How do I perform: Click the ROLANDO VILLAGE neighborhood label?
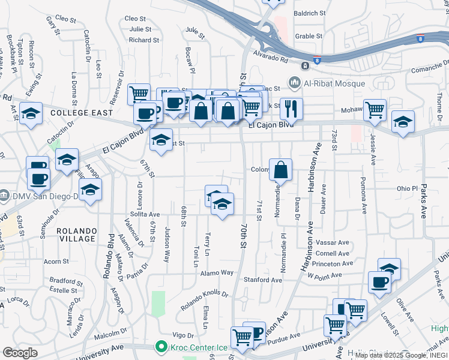(76, 235)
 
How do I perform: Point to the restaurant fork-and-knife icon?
(291, 109)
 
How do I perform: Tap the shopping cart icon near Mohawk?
(375, 110)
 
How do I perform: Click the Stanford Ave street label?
(262, 280)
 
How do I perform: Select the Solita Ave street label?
(145, 214)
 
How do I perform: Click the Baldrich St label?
(310, 13)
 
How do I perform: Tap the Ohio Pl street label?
(407, 188)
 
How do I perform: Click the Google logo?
(20, 352)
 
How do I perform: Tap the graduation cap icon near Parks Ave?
(402, 121)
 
